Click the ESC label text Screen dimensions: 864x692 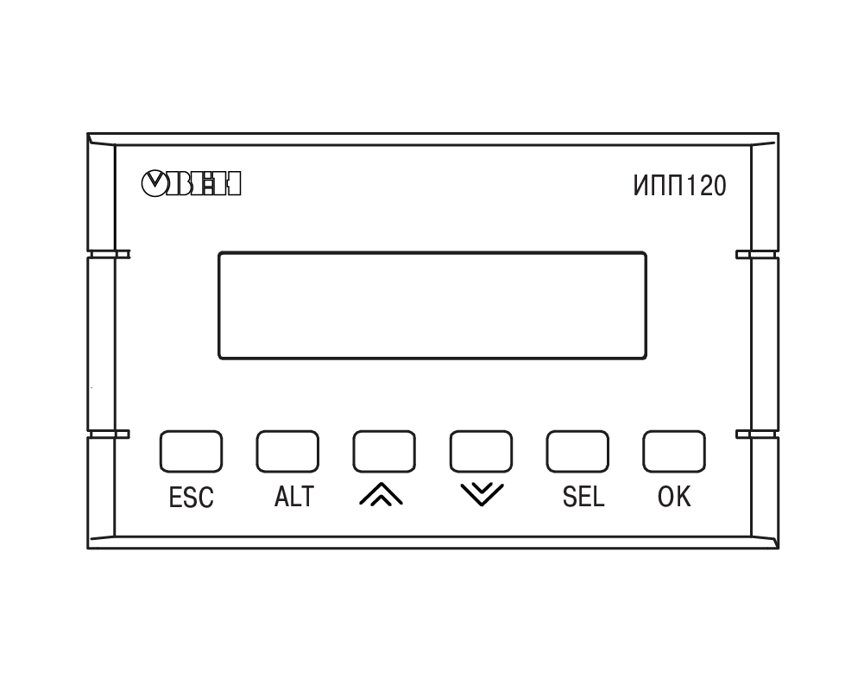pyautogui.click(x=191, y=498)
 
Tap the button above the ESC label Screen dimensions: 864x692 pyautogui.click(x=192, y=452)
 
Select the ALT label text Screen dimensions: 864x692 pyautogui.click(x=294, y=496)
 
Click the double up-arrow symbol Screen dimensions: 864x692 pyautogui.click(x=381, y=494)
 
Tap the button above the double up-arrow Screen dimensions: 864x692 pyautogui.click(x=384, y=452)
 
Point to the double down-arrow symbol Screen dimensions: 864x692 pyautogui.click(x=482, y=495)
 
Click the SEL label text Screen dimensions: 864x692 pyautogui.click(x=583, y=496)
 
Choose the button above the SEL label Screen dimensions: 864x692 pyautogui.click(x=577, y=452)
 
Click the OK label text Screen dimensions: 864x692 pyautogui.click(x=674, y=496)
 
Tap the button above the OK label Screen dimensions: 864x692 pyautogui.click(x=674, y=452)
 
